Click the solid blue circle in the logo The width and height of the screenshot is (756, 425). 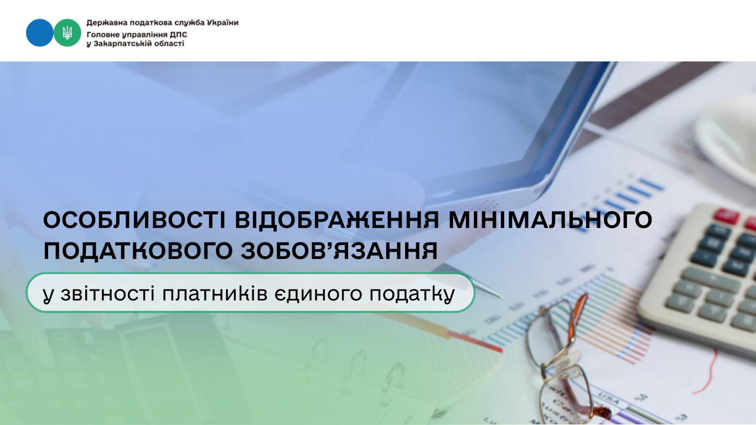click(x=39, y=33)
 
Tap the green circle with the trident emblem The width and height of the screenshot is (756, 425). click(x=67, y=33)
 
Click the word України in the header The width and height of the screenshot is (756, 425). click(x=222, y=23)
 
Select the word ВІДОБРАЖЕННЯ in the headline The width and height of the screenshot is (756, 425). click(x=337, y=220)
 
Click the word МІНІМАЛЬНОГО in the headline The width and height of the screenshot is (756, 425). click(x=550, y=220)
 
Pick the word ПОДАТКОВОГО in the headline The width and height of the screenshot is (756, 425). click(x=138, y=251)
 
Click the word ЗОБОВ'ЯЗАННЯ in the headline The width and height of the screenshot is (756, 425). click(x=339, y=251)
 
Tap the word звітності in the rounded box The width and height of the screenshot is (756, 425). click(x=108, y=294)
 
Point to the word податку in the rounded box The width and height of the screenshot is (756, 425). click(x=412, y=294)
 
